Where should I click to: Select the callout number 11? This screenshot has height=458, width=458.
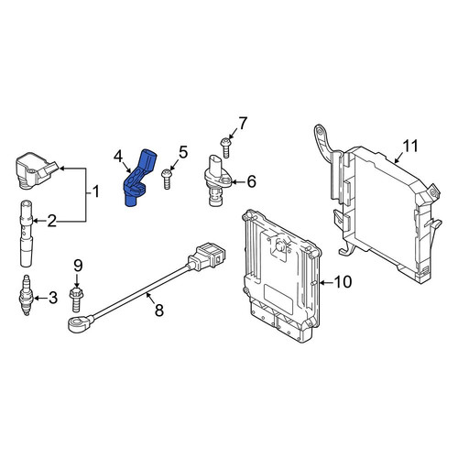(x=410, y=146)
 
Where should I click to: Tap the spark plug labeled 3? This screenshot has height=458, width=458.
(x=27, y=295)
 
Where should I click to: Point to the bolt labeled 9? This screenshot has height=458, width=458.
(x=77, y=299)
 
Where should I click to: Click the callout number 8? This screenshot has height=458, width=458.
(x=159, y=311)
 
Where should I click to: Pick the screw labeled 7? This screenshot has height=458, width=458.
(x=225, y=147)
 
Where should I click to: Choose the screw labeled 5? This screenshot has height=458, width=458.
(x=167, y=180)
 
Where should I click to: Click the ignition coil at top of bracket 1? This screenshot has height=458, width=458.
(x=37, y=170)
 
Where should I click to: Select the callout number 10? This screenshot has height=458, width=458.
(x=343, y=282)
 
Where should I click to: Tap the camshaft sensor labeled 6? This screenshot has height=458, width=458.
(x=217, y=181)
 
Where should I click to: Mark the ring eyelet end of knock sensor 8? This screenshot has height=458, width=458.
(x=80, y=323)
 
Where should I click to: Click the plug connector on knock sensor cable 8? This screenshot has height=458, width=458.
(x=207, y=256)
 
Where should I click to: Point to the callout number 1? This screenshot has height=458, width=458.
(x=96, y=192)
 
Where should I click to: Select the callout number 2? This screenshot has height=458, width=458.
(x=51, y=221)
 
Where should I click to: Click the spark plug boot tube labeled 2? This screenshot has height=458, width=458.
(x=27, y=234)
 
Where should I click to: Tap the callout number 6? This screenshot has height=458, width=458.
(x=251, y=181)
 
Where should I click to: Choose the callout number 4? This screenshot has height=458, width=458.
(x=118, y=157)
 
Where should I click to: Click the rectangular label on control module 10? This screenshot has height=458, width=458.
(x=278, y=300)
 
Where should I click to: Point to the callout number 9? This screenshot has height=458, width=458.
(x=78, y=266)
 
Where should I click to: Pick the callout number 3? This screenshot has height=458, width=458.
(x=53, y=298)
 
